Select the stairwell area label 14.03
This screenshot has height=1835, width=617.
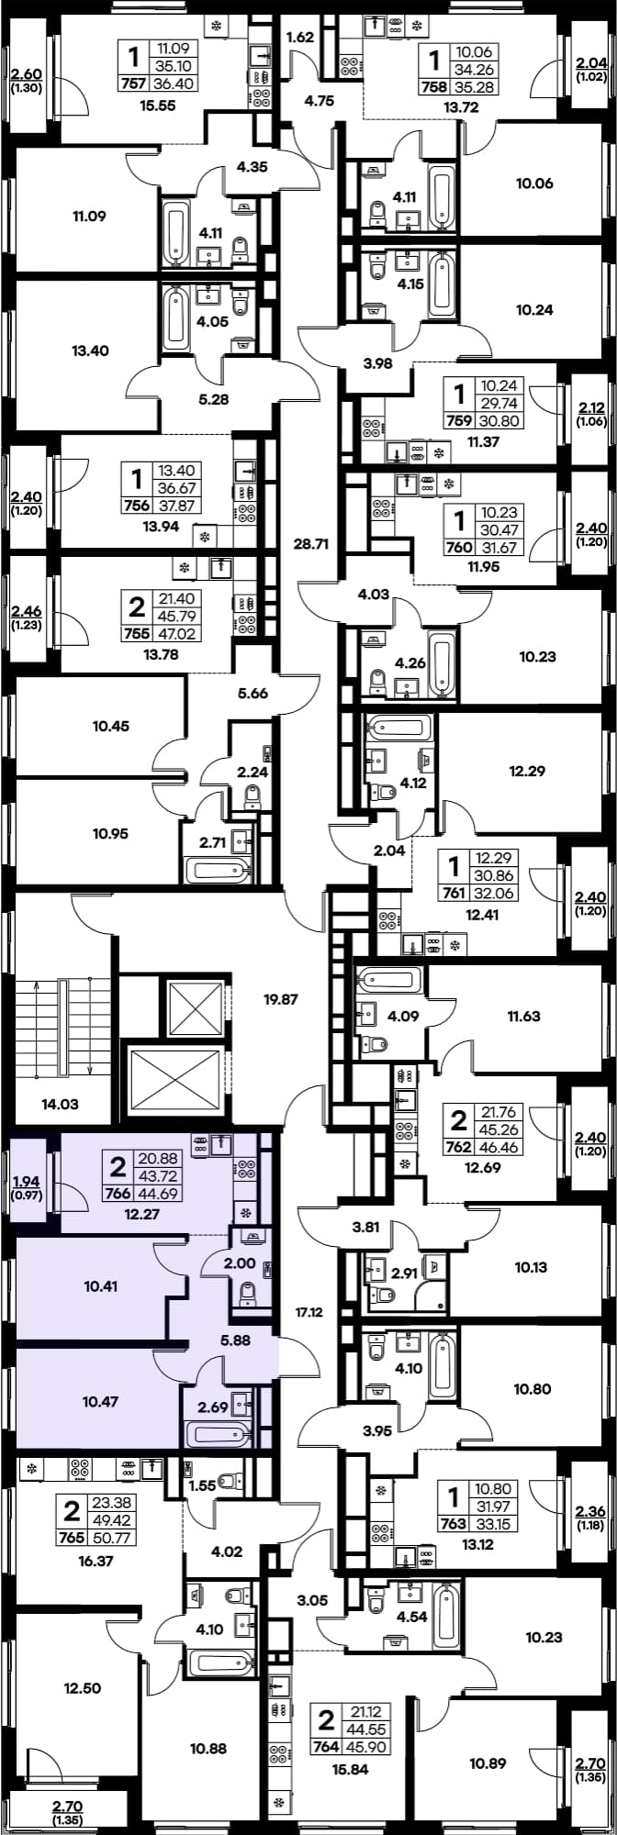click(x=60, y=1104)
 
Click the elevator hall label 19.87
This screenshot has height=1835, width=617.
click(x=281, y=998)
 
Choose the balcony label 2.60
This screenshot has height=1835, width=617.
click(x=26, y=75)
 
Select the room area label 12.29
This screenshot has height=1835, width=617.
click(x=527, y=771)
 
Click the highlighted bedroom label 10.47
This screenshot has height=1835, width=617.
click(x=101, y=1401)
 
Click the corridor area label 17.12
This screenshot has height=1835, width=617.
click(x=309, y=1313)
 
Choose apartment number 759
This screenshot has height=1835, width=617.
click(x=457, y=422)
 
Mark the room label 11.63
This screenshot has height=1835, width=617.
click(x=523, y=1016)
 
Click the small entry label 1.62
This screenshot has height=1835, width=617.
click(x=301, y=38)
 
